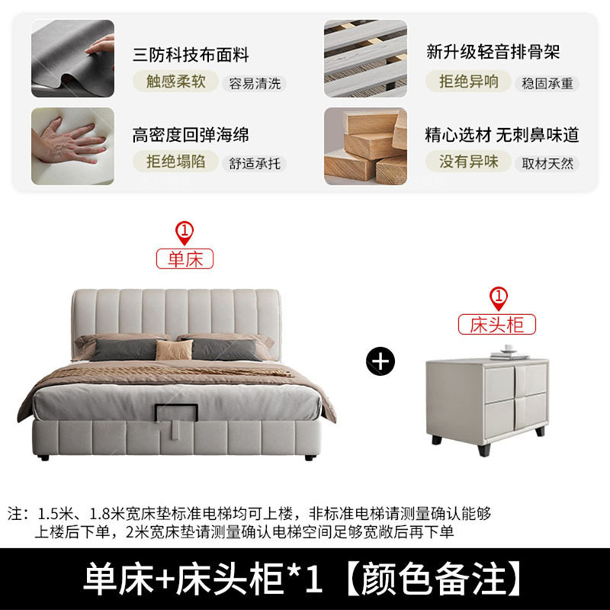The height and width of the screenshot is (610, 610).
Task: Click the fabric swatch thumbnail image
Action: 72,59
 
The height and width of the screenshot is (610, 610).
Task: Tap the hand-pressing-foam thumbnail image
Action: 72,146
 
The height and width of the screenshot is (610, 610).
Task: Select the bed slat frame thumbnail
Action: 365,59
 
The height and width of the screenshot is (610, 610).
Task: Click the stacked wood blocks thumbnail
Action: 365,146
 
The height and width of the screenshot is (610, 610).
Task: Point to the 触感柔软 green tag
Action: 176,82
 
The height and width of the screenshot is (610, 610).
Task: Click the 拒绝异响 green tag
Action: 469,82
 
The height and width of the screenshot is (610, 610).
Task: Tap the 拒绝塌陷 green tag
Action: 176,161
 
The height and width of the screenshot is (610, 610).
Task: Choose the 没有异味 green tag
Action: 469,161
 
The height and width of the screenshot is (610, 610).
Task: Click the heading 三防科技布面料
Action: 191,55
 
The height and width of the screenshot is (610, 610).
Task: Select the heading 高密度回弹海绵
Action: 191,136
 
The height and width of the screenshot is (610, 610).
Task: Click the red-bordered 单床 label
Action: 185,259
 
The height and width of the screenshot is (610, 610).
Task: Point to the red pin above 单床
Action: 185,232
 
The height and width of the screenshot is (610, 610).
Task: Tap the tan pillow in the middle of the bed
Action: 175,350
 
